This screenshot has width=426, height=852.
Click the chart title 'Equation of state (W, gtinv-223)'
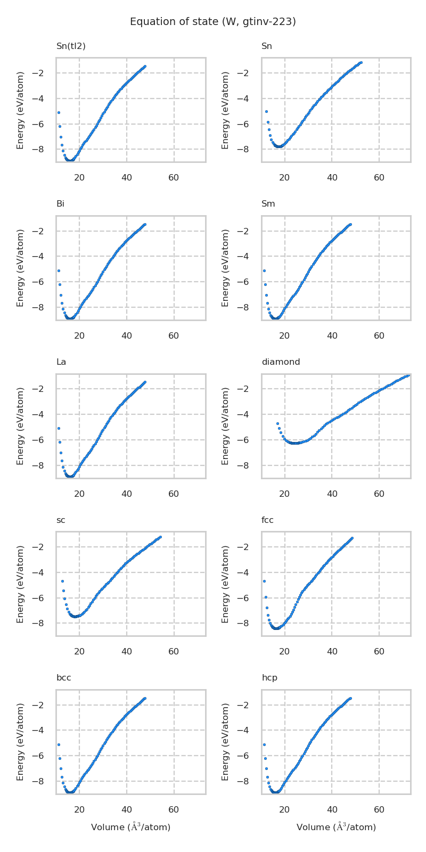tap(213, 22)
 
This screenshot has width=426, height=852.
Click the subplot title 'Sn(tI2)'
tap(71, 46)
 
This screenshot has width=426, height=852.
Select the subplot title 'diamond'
tap(281, 362)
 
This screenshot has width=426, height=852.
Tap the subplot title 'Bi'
tap(60, 204)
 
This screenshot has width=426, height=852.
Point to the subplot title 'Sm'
tap(268, 204)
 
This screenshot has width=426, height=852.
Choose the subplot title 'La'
tap(61, 362)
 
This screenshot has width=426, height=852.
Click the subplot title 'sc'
tap(61, 520)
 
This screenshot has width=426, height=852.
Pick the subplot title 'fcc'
tap(267, 520)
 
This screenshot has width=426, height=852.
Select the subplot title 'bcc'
tap(63, 678)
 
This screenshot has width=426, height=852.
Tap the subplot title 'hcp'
tap(269, 678)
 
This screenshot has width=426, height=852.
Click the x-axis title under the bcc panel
tap(130, 827)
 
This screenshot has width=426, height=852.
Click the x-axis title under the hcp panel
tap(336, 827)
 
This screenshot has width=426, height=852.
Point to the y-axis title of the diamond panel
tap(226, 426)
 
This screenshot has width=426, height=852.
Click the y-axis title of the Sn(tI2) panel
tap(20, 110)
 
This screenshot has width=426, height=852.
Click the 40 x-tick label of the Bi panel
tap(127, 335)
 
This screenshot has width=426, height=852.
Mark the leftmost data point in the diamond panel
tap(277, 423)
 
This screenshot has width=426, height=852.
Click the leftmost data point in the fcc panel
tap(264, 581)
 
